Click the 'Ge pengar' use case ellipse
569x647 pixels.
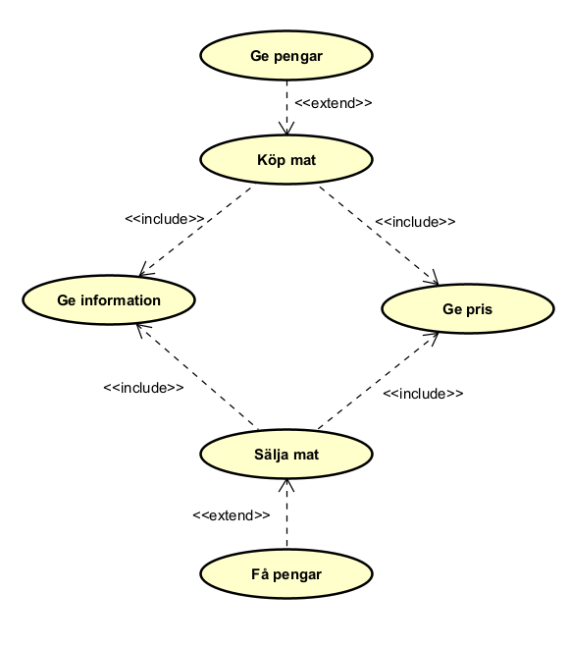(286, 56)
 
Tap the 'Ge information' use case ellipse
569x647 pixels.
(108, 300)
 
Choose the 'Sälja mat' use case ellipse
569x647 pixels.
(286, 455)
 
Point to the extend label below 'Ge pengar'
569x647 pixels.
(334, 102)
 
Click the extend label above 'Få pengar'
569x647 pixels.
(232, 514)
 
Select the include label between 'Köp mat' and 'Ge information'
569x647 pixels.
(165, 219)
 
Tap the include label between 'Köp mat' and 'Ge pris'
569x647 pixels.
(415, 222)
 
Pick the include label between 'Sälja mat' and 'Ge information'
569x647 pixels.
(143, 388)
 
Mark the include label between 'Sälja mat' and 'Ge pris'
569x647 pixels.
(423, 393)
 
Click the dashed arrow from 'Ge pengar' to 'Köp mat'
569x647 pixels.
(286, 107)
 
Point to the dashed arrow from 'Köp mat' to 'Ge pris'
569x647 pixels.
(378, 233)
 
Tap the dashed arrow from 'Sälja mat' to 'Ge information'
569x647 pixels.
(196, 377)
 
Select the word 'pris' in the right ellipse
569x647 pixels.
(479, 308)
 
